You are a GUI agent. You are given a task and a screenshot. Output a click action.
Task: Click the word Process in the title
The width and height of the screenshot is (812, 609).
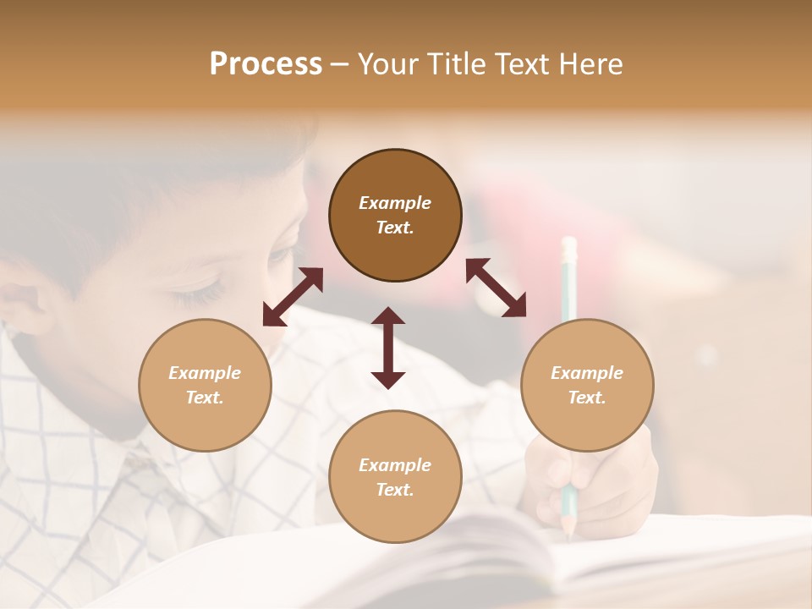[266, 64]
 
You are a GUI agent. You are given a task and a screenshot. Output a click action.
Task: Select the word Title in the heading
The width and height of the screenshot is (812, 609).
[453, 64]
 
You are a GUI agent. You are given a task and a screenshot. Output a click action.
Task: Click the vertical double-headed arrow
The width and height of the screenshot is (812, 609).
[388, 348]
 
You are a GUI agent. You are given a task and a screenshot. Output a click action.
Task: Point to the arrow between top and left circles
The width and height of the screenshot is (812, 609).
[293, 297]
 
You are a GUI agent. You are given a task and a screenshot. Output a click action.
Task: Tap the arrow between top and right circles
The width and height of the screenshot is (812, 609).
[497, 288]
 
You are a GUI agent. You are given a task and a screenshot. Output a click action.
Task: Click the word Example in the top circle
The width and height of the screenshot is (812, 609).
[395, 203]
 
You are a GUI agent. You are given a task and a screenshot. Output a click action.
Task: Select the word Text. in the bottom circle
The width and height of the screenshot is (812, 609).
[395, 490]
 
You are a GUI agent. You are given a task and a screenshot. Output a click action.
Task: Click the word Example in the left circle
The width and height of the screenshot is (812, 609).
[205, 373]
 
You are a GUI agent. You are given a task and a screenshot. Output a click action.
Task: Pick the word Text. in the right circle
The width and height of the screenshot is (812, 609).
[587, 398]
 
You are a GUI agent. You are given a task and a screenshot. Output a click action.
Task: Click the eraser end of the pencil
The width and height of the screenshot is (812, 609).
[569, 246]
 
